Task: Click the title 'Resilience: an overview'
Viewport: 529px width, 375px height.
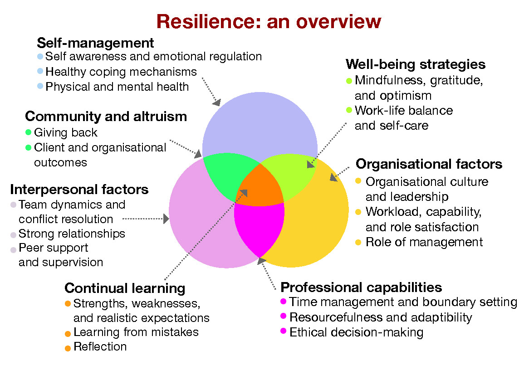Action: tap(269, 21)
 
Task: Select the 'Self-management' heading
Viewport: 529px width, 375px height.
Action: tap(95, 43)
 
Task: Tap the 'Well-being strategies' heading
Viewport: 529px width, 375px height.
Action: tap(415, 64)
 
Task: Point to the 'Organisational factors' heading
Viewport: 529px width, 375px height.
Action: tap(429, 164)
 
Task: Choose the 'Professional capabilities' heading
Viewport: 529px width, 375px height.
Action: tap(361, 287)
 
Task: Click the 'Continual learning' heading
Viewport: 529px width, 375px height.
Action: tap(125, 288)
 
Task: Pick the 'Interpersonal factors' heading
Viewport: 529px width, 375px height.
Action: tap(79, 189)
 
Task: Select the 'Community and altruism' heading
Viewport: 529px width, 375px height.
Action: tap(106, 117)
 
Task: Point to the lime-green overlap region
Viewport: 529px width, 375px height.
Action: tap(290, 175)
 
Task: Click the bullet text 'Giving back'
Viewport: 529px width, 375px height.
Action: tap(66, 133)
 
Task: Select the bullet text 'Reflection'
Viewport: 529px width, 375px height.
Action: tap(100, 347)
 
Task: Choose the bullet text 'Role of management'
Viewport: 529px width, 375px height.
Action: tap(424, 242)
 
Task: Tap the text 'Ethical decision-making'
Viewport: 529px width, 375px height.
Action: tap(356, 332)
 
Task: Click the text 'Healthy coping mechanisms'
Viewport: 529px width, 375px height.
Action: tap(121, 72)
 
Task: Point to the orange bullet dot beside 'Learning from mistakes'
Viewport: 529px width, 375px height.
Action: tap(68, 333)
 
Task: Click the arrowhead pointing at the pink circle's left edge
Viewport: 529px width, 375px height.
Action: tap(166, 219)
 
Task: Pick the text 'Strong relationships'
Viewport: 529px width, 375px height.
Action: tap(72, 234)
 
